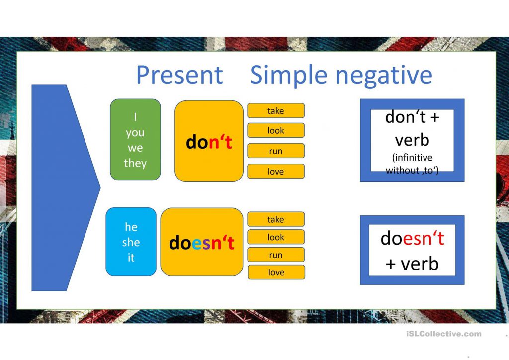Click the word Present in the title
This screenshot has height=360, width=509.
tap(179, 75)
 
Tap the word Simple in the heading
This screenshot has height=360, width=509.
tap(289, 75)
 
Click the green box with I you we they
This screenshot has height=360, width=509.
tap(135, 140)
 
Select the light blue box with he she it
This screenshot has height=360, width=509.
tap(131, 242)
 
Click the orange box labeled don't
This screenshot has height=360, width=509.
tap(209, 142)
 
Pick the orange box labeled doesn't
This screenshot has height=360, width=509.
tap(201, 242)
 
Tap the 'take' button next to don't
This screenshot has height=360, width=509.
tap(275, 111)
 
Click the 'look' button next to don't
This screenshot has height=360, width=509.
tap(275, 131)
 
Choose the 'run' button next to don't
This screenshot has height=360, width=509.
tap(275, 151)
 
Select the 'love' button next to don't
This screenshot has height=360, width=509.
tap(275, 172)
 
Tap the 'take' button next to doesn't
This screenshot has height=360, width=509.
tap(275, 219)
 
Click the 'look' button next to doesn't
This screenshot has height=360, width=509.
tap(275, 237)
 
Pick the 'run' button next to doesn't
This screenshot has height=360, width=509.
tap(275, 255)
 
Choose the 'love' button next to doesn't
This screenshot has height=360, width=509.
tap(275, 272)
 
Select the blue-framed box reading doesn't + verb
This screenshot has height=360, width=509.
tap(412, 250)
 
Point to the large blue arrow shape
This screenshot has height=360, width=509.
tap(60, 187)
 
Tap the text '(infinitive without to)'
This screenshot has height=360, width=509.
tap(412, 164)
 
